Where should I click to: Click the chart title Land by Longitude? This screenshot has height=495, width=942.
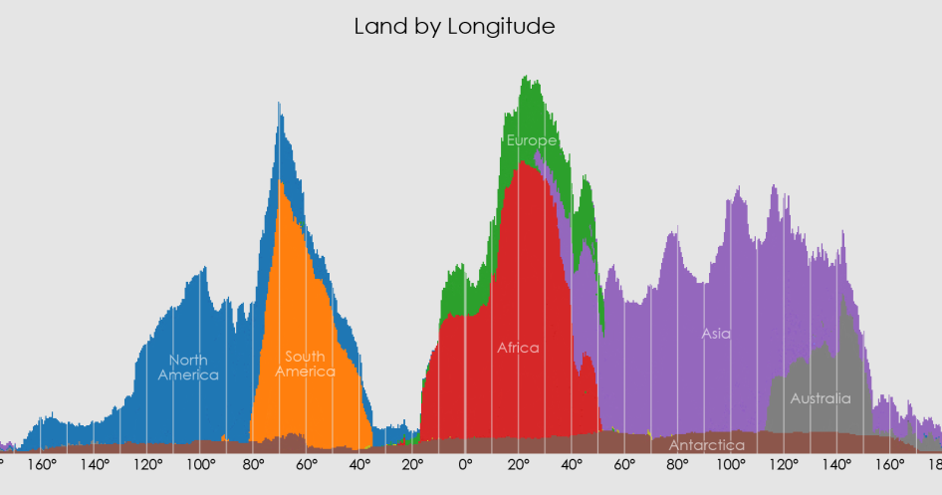click(454, 27)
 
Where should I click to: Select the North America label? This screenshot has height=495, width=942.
click(188, 368)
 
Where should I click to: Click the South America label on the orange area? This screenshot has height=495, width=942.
click(305, 364)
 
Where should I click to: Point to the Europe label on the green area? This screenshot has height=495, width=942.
click(531, 140)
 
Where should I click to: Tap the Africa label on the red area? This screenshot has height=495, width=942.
click(518, 348)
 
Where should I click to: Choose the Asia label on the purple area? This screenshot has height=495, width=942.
click(715, 334)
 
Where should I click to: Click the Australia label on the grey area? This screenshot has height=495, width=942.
click(821, 398)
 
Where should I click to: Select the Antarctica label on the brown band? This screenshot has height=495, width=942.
click(706, 444)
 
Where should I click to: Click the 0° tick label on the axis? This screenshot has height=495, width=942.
click(465, 465)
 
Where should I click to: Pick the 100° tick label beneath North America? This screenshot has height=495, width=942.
click(200, 465)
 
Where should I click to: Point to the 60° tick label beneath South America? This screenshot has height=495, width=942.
click(306, 465)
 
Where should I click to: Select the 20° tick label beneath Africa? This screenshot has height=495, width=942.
click(518, 465)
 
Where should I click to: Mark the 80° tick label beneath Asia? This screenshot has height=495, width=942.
click(677, 465)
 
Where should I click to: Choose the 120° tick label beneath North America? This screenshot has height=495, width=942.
click(147, 465)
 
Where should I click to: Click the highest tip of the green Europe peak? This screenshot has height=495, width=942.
click(525, 77)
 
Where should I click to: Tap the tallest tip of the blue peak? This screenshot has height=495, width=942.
click(279, 103)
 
